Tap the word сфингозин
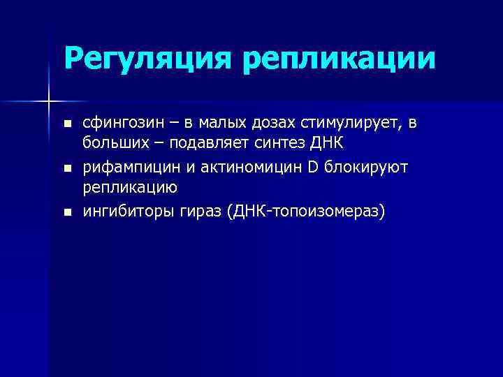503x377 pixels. pos(122,124)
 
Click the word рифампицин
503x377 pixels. pos(124,168)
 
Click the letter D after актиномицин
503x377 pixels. pos(293,168)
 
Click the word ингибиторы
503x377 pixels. pos(124,212)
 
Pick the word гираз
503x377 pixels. pos(196,212)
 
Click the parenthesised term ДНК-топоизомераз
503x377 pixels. pos(305,212)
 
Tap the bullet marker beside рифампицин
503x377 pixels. pos(67,169)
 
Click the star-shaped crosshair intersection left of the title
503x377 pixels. pos(49,102)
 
